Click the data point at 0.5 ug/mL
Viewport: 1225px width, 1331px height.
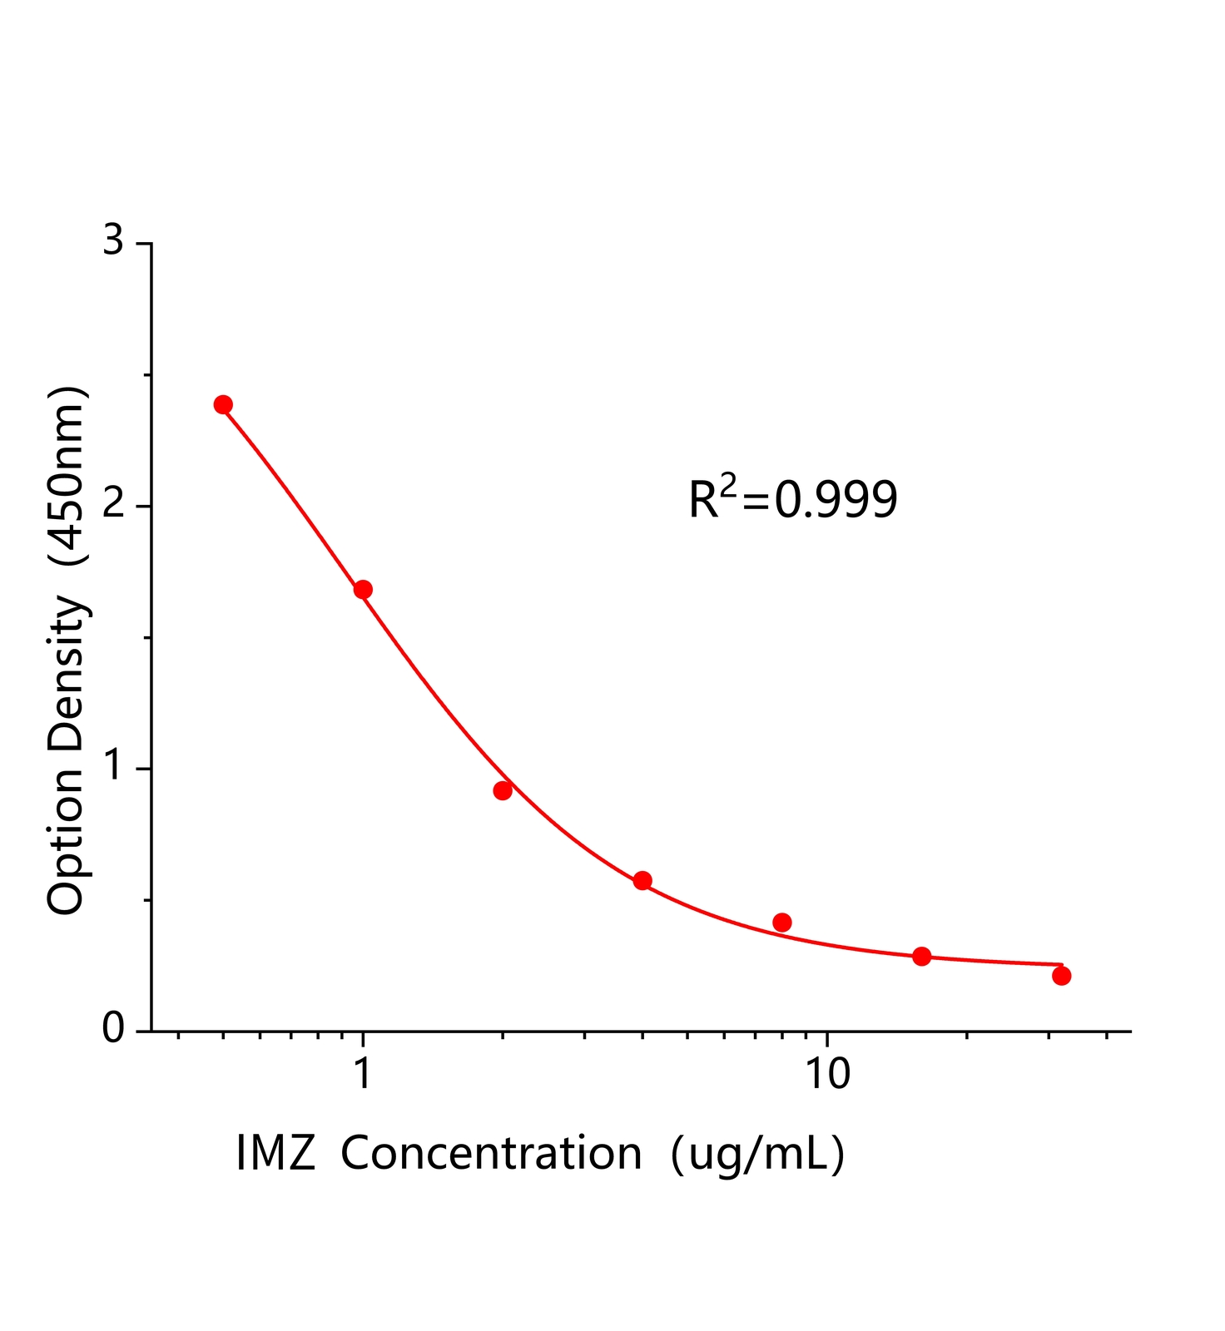(223, 405)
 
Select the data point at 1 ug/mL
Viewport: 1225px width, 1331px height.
(363, 590)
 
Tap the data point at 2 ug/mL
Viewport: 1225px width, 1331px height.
(503, 790)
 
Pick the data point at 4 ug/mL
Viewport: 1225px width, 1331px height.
(642, 881)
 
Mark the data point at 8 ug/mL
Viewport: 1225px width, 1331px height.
(782, 923)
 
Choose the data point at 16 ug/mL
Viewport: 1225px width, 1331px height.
(921, 957)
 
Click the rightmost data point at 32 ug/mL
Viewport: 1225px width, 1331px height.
(1061, 976)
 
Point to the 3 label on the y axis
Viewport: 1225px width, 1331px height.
(112, 242)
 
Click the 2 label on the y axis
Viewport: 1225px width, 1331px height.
(112, 506)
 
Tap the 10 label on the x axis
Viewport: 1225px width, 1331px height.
(827, 1074)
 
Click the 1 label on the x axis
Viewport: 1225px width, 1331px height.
(363, 1074)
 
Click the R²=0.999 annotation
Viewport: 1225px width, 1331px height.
(793, 499)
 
